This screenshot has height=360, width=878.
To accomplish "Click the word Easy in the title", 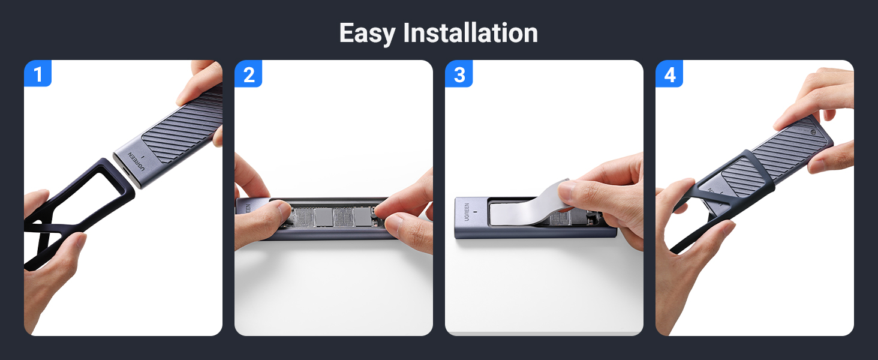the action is (367, 34).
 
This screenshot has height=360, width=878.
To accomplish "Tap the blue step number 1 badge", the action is (38, 73).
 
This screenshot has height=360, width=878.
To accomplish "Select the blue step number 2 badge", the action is (248, 73).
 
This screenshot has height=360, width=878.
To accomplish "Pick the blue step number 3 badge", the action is (459, 73).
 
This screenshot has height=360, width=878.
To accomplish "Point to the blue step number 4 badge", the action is (669, 73).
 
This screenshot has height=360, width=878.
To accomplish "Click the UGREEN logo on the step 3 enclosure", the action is (467, 212).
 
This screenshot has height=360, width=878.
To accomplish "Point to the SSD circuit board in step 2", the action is (333, 217).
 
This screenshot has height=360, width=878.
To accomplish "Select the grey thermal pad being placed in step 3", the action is (529, 208).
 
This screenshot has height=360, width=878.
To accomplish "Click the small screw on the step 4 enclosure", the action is (813, 132).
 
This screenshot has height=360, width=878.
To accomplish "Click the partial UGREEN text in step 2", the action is (248, 209).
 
